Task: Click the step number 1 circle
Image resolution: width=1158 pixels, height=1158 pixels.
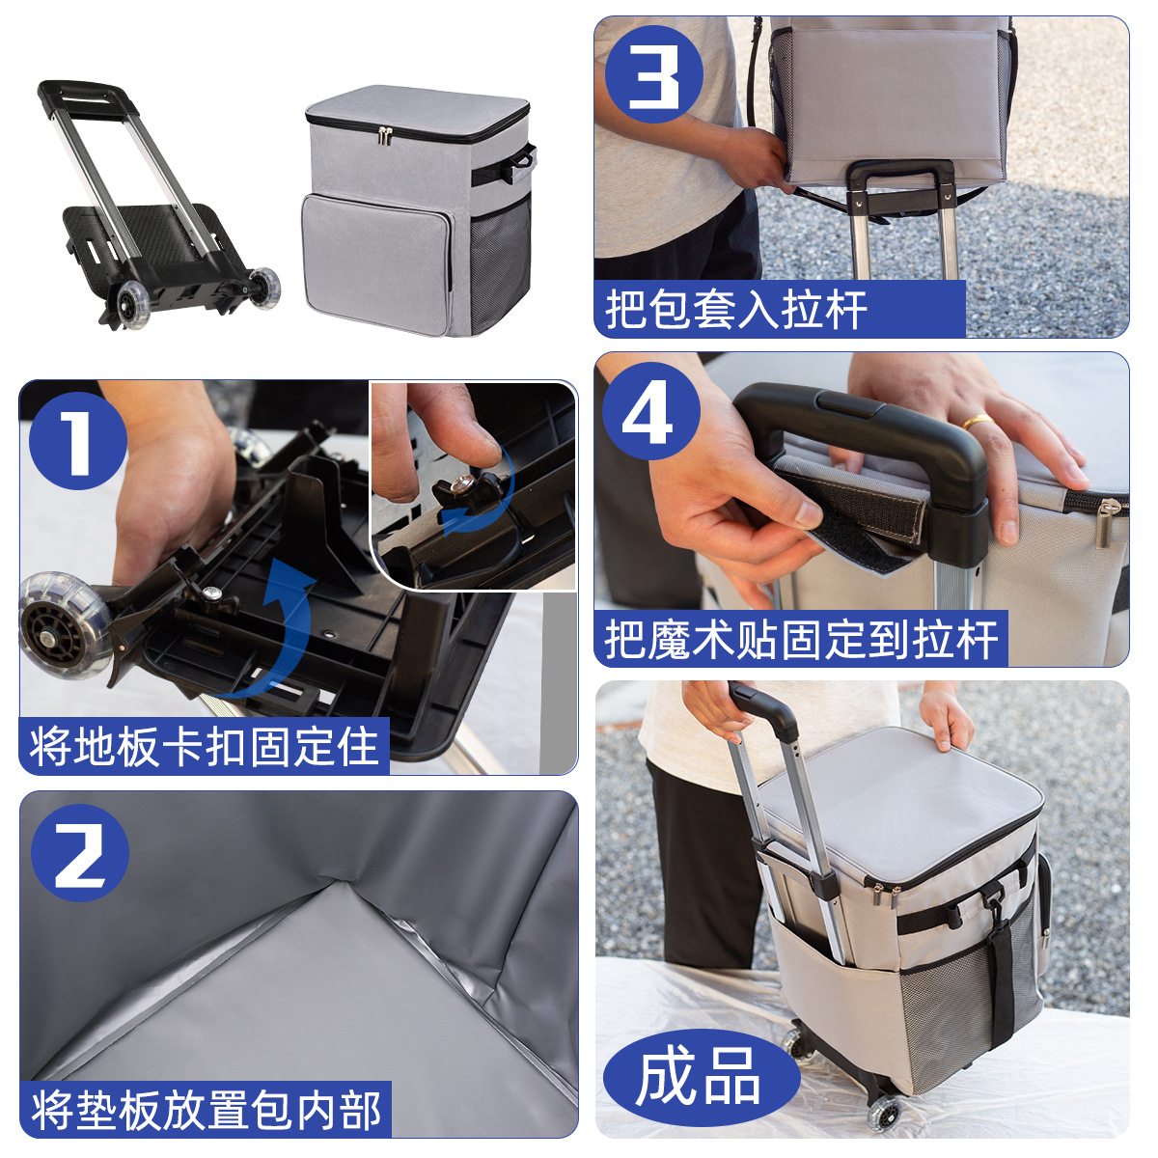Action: coord(78,441)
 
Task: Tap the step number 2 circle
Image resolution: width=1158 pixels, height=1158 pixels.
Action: coord(80,853)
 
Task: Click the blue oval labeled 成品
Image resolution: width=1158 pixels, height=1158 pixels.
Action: coord(699,1077)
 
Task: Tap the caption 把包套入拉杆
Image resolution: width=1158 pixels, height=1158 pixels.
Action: coord(736,310)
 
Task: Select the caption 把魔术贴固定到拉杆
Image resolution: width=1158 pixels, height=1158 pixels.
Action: coord(800,639)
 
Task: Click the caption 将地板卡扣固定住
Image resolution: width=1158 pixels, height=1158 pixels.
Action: coord(204,746)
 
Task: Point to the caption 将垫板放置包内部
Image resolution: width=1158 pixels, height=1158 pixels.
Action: coord(206,1110)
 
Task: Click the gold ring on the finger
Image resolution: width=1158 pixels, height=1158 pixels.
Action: coord(977,422)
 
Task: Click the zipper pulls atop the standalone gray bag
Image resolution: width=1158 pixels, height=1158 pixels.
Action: coord(387,135)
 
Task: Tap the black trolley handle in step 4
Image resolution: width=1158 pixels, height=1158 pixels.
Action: coord(868,425)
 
